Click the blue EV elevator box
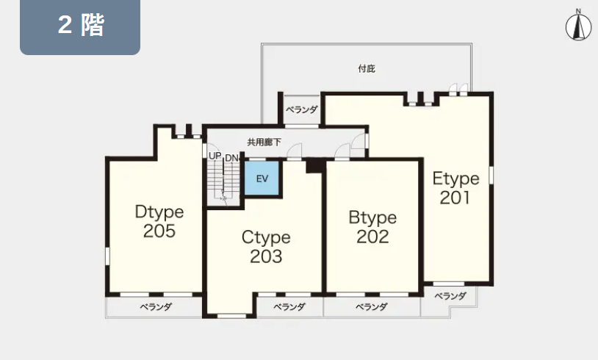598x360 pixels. [x=262, y=178]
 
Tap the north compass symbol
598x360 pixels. [x=578, y=26]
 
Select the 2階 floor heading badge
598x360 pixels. [x=80, y=26]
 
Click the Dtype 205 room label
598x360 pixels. [x=159, y=221]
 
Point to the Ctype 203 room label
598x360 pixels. [x=266, y=246]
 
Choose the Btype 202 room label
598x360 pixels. [x=372, y=227]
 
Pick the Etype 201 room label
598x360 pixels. [x=455, y=187]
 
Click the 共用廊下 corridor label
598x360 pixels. [x=264, y=143]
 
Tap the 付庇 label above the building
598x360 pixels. [x=367, y=68]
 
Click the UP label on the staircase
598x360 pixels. [x=215, y=156]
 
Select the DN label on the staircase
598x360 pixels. [x=231, y=158]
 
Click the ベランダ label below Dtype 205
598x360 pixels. [x=156, y=306]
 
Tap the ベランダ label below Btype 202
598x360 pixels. [x=372, y=306]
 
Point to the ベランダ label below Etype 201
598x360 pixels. [x=450, y=295]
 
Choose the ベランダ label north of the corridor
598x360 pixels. [x=302, y=109]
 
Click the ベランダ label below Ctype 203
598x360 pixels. [x=289, y=306]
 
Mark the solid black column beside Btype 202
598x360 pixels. [x=314, y=166]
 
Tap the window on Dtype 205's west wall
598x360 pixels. [x=107, y=256]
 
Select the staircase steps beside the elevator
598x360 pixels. [x=223, y=183]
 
